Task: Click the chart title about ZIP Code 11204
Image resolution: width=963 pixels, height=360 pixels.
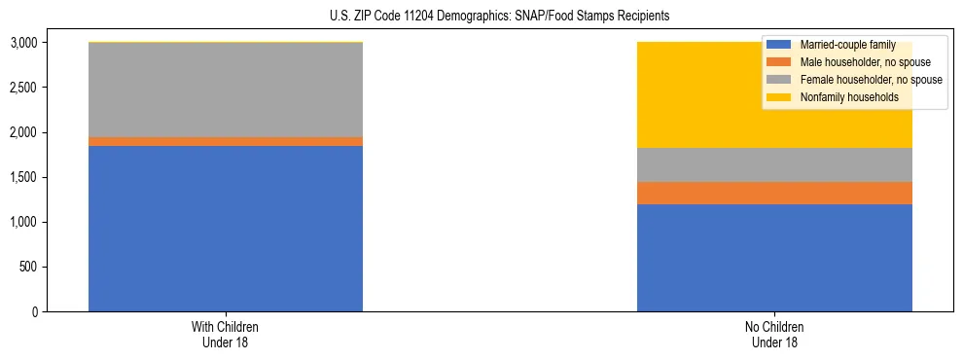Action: click(x=481, y=17)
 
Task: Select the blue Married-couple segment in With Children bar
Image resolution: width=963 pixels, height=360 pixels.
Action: click(x=226, y=229)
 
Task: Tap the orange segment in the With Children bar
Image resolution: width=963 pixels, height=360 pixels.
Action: click(x=226, y=142)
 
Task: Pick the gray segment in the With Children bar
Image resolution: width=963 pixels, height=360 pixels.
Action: click(x=226, y=90)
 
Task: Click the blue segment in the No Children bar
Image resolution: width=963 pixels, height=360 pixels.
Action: click(x=774, y=258)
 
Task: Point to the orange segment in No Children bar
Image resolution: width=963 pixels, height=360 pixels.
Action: click(x=774, y=194)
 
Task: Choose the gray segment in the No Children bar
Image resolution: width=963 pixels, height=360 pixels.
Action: click(x=774, y=165)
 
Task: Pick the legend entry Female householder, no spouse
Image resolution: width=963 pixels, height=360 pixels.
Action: click(x=869, y=80)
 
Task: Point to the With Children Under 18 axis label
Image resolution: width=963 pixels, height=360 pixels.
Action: click(x=226, y=334)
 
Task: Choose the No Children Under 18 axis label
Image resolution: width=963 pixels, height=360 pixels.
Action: click(x=774, y=334)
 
